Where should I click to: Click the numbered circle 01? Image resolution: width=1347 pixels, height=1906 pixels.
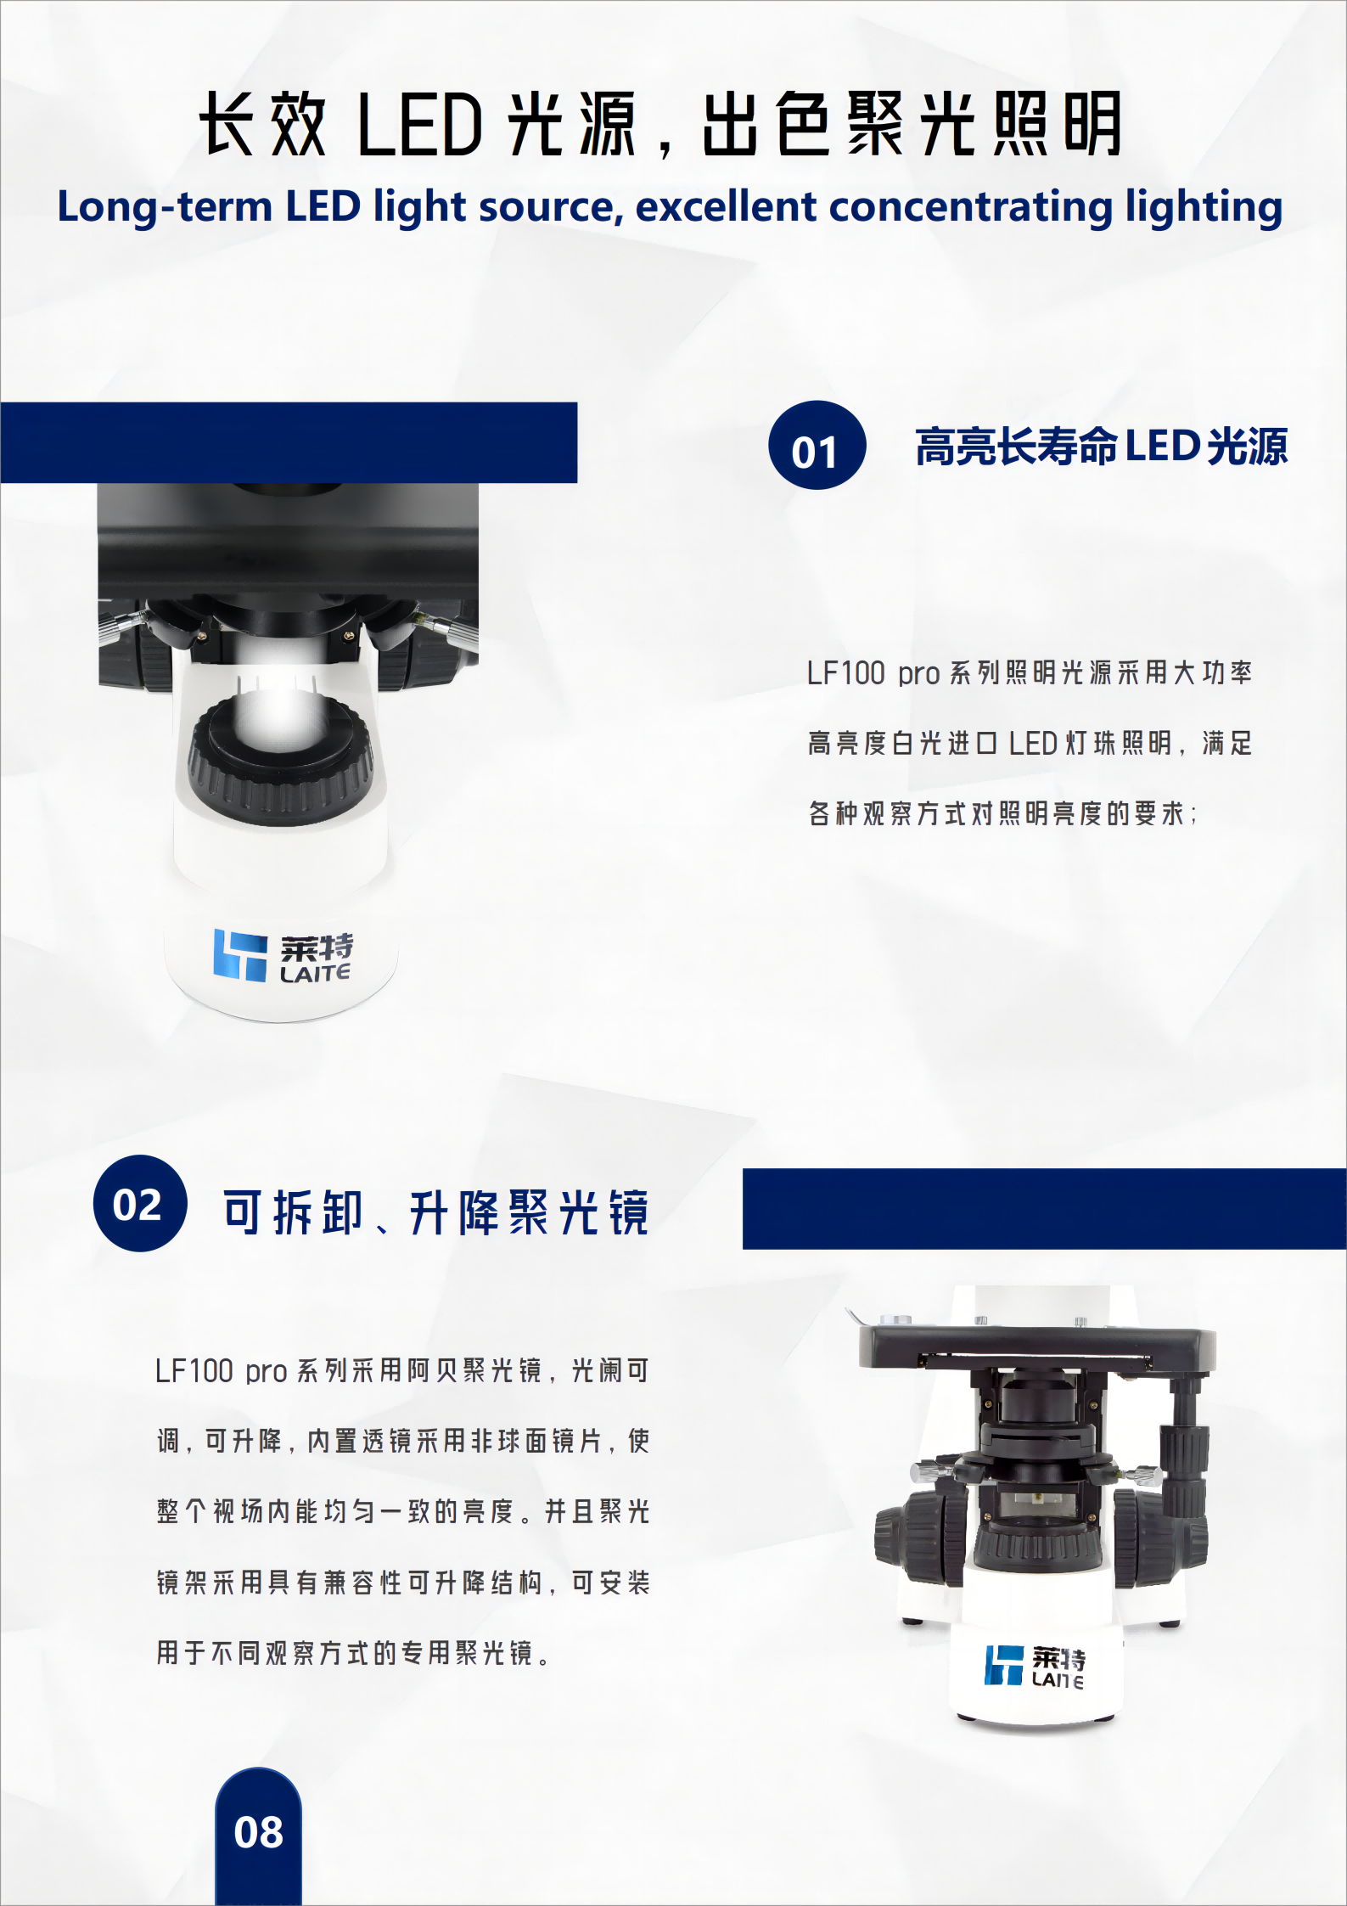[x=817, y=445]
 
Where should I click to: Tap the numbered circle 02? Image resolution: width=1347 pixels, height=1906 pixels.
[x=140, y=1203]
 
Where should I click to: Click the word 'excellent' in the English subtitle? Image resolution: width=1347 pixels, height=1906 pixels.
[x=726, y=206]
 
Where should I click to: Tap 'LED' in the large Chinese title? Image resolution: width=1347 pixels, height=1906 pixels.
[x=420, y=125]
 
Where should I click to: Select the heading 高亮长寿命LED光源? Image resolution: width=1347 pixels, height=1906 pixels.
[x=1101, y=446]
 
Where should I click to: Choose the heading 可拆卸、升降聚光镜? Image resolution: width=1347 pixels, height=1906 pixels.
[x=436, y=1212]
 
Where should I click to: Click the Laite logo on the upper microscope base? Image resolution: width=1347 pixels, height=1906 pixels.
[x=283, y=956]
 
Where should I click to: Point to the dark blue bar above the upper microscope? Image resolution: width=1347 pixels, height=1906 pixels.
[x=289, y=442]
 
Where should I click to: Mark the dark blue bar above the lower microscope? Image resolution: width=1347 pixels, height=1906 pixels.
[x=1045, y=1208]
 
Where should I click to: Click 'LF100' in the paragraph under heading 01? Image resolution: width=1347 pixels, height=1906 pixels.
[x=845, y=673]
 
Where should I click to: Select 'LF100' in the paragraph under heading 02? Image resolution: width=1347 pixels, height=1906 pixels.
[x=194, y=1371]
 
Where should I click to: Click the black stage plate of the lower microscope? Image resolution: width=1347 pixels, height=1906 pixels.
[x=1037, y=1351]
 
